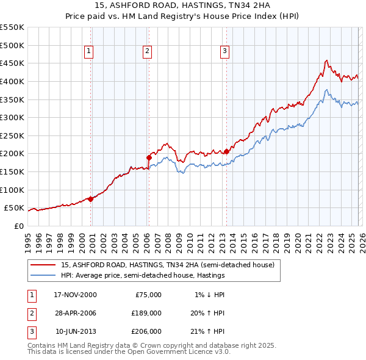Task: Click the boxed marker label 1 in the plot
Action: coord(90,52)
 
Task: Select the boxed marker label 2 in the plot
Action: coord(148,52)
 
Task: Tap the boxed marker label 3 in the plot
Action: coord(225,52)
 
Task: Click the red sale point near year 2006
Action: coord(149,157)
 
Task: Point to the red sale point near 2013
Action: coord(226,151)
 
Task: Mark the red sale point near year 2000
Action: coord(91,198)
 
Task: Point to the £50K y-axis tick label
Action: coord(14,208)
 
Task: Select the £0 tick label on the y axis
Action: coord(19,226)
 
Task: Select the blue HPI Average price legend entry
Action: coord(143,276)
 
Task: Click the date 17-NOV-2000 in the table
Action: coord(75,295)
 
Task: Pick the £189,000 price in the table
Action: coord(147,313)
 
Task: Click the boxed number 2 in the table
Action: coord(30,313)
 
